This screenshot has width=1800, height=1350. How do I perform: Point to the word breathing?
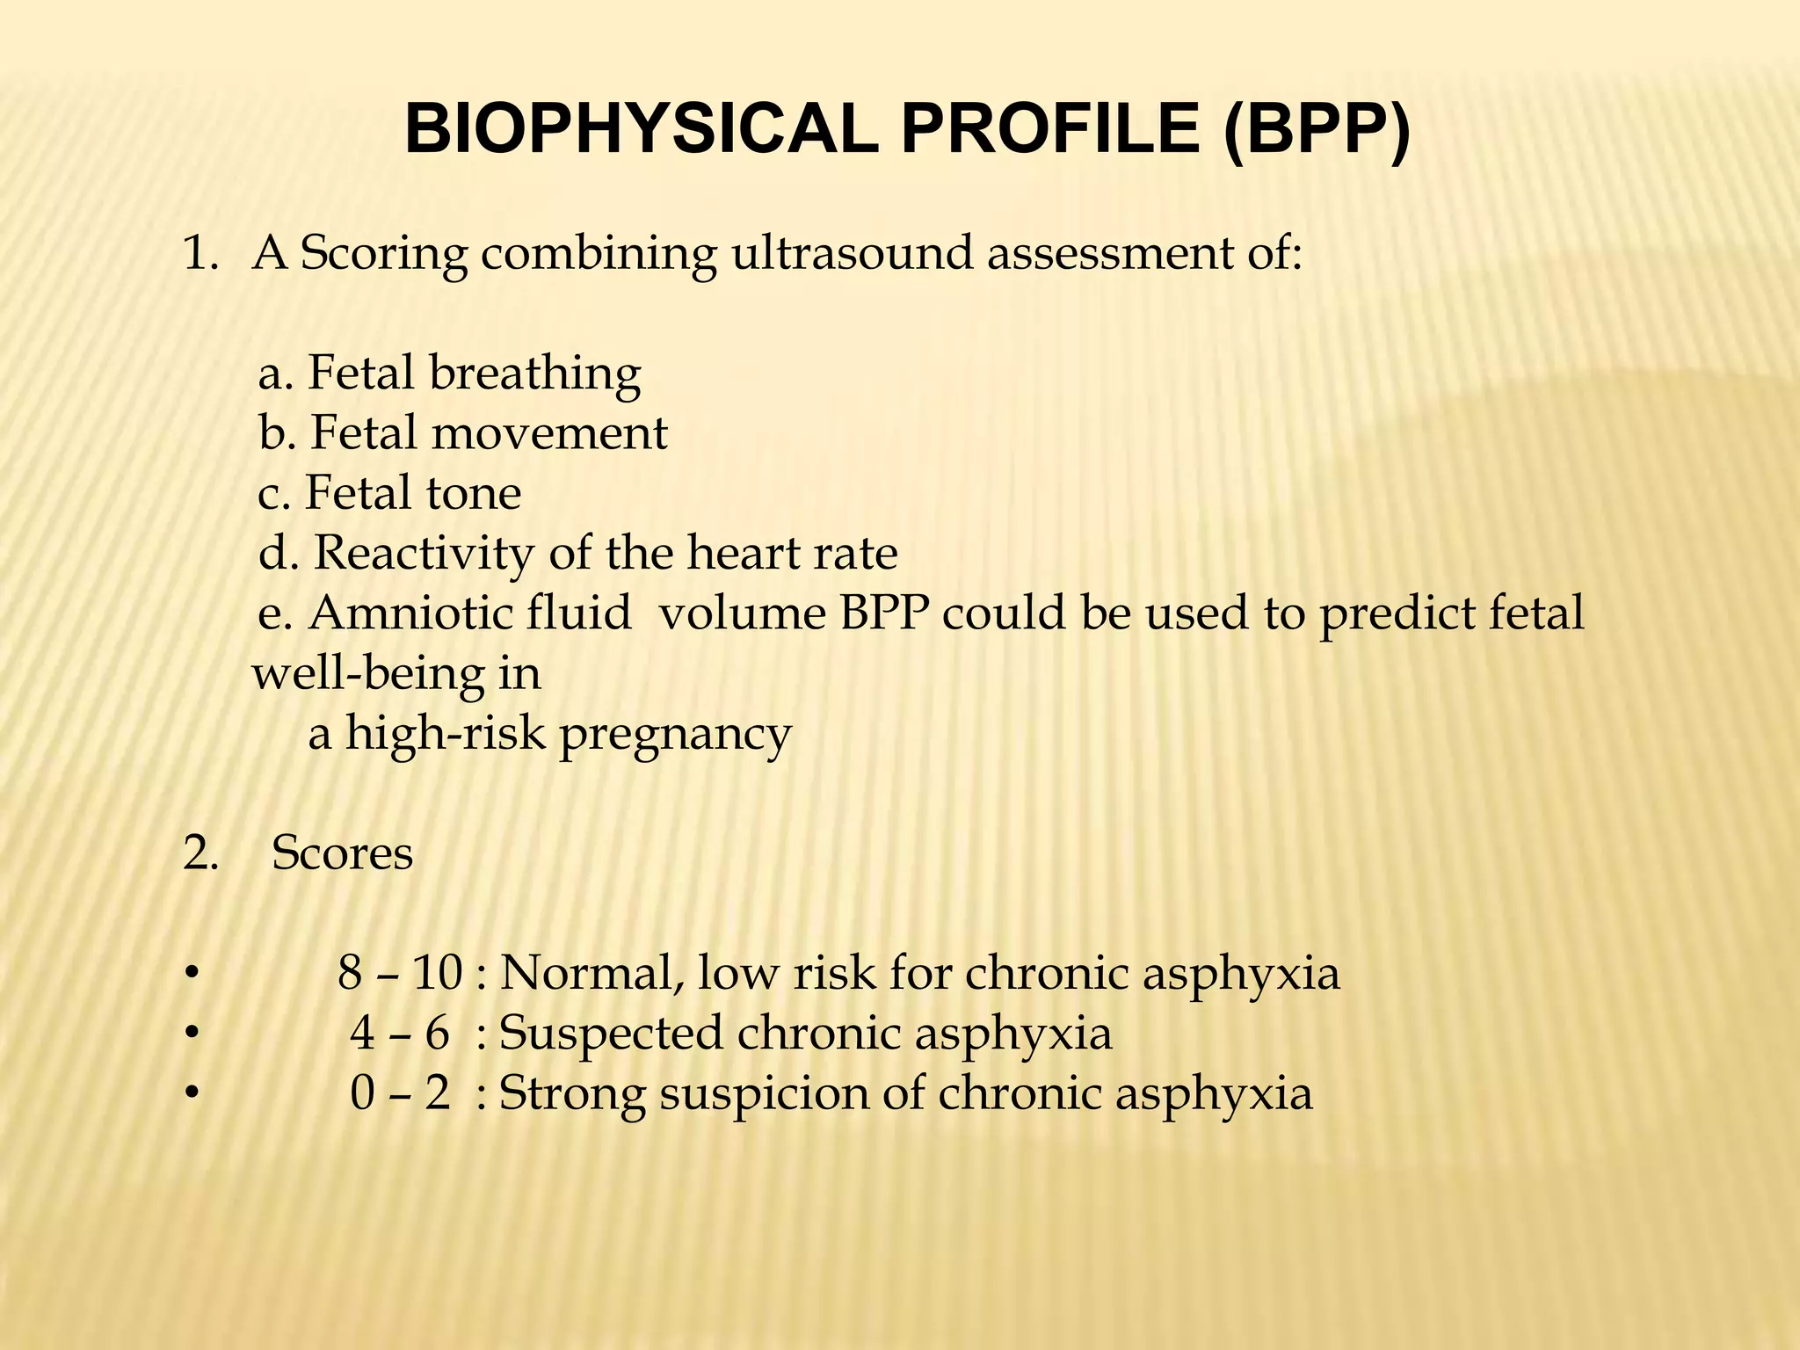534,374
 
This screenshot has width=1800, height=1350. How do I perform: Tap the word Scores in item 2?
342,853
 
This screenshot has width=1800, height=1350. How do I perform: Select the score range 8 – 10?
400,973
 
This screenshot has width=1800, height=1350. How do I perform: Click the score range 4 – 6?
400,1033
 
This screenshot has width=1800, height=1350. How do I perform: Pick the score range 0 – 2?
400,1093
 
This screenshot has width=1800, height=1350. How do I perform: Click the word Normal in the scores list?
592,973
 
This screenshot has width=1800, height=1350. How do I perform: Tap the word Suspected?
610,1034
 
